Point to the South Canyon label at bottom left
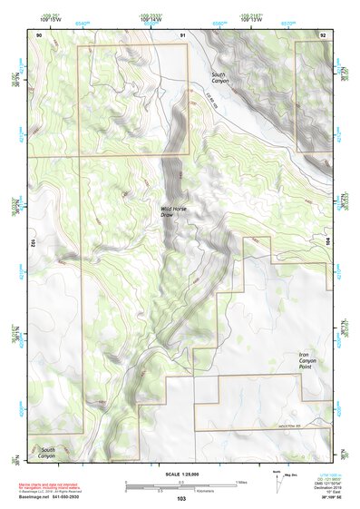47,451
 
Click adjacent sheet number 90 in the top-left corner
38,34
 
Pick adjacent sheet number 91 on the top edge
182,34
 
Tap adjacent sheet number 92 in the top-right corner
323,34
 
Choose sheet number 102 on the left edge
32,243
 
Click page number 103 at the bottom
181,498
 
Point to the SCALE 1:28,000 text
180,475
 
